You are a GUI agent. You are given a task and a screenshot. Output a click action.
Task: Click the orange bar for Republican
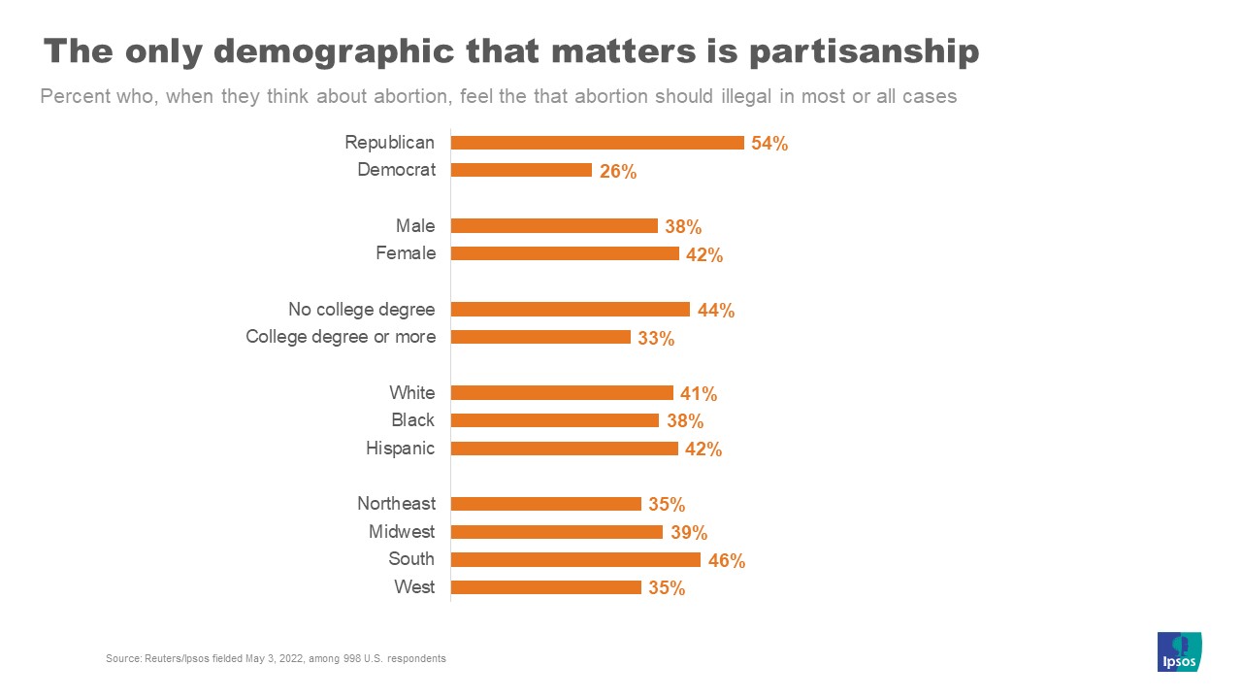[x=598, y=143]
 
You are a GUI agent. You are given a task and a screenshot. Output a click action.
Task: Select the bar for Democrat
[x=521, y=170]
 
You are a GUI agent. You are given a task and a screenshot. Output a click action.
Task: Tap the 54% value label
[x=769, y=144]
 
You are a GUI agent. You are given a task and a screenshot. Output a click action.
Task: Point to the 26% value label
[x=617, y=171]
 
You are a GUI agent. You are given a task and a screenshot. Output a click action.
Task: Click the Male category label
[x=415, y=226]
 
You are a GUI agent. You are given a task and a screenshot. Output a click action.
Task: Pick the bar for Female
[x=565, y=253]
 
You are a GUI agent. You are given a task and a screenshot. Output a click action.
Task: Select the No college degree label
[x=361, y=310]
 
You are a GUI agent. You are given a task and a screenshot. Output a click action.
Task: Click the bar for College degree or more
[x=540, y=337]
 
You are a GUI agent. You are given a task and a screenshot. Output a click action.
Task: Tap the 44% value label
[x=716, y=311]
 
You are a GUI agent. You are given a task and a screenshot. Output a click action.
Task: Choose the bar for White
[x=562, y=393]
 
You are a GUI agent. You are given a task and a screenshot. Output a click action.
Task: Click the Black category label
[x=413, y=420]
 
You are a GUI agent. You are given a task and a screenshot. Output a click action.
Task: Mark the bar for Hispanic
[x=565, y=449]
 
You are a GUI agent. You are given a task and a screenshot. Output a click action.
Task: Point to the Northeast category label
[x=396, y=504]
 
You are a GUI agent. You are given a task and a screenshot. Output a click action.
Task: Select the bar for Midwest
[x=557, y=532]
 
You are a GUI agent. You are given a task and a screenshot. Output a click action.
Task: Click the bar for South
[x=575, y=559]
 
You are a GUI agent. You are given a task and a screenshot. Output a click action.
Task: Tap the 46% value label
[x=727, y=560]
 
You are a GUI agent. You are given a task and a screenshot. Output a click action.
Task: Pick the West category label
[x=414, y=587]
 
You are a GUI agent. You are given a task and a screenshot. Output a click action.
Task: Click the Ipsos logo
[x=1180, y=651]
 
